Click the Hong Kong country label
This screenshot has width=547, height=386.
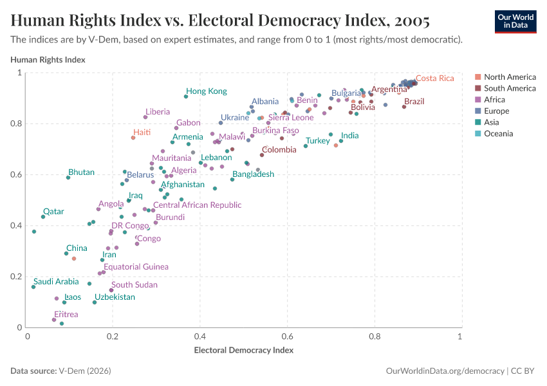(x=207, y=91)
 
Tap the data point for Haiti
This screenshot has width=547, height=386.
(x=133, y=138)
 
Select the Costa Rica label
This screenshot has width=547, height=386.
(x=434, y=78)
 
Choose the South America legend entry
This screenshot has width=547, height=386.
(x=510, y=88)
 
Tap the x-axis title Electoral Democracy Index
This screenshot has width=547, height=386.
(x=243, y=351)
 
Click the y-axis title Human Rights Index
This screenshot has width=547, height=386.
(x=48, y=60)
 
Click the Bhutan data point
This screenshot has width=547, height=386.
(x=68, y=178)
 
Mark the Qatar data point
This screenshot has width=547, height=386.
(x=43, y=217)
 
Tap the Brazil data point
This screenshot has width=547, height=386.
(x=404, y=107)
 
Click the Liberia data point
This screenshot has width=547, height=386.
(x=145, y=117)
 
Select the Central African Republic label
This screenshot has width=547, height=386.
(x=197, y=205)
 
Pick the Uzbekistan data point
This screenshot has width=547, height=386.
(x=95, y=302)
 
